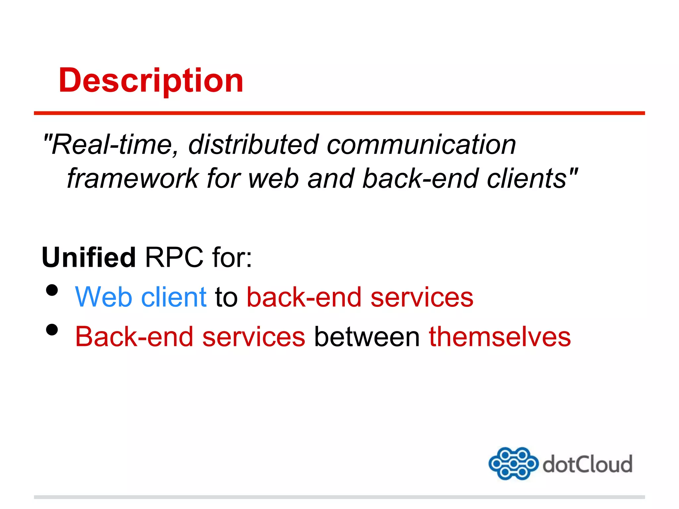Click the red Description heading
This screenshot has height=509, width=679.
[x=151, y=81]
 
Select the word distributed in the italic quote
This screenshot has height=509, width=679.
[x=253, y=145]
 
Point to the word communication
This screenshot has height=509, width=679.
[x=421, y=145]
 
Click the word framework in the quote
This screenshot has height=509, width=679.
[x=133, y=179]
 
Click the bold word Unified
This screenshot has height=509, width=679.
[x=89, y=257]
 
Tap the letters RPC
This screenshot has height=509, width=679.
[x=174, y=257]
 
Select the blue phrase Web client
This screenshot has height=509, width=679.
[x=141, y=297]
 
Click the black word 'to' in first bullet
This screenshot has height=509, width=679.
[x=226, y=297]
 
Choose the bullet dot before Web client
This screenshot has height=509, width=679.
[x=52, y=290]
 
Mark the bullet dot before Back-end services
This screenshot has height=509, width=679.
[x=52, y=330]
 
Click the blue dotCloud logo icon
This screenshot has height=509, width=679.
[x=513, y=463]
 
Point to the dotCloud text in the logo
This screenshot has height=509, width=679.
[x=587, y=464]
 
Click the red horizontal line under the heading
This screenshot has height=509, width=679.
[x=339, y=113]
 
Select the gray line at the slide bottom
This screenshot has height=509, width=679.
[x=339, y=497]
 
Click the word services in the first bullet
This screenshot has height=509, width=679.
[x=422, y=297]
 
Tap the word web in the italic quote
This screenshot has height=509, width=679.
[x=274, y=179]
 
